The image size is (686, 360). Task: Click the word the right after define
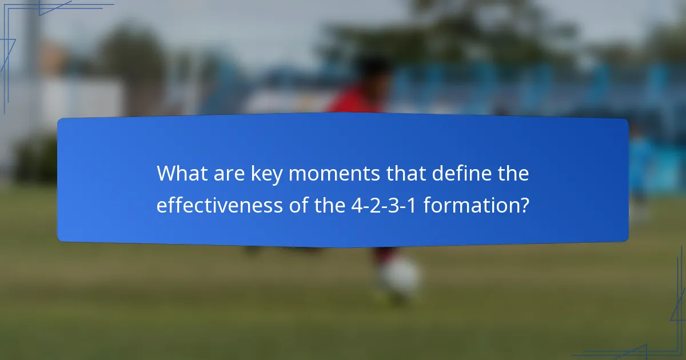point(512,174)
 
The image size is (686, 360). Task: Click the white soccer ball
point(401,277)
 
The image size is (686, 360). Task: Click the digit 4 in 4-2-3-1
point(356,205)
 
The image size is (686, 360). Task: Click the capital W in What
point(167,174)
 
